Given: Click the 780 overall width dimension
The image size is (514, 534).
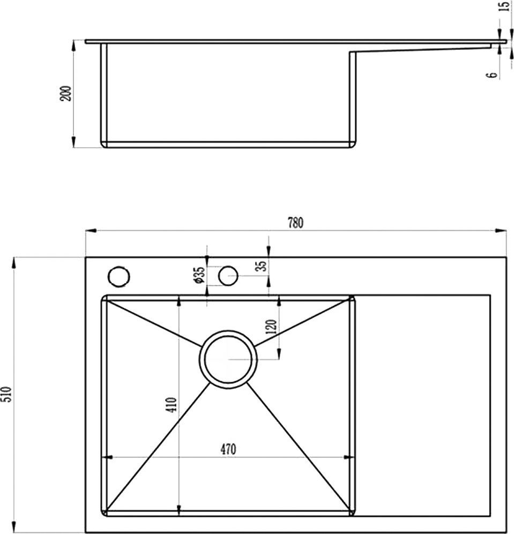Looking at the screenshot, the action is click(x=295, y=222).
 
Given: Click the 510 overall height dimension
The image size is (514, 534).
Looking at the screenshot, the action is click(x=7, y=394).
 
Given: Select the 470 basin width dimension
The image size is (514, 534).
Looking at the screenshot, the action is click(x=228, y=449).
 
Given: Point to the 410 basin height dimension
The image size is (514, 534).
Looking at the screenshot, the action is click(x=171, y=405).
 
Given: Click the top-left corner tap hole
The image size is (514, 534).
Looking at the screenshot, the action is click(x=119, y=276).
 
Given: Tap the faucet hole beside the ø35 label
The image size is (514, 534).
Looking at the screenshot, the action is click(x=228, y=276).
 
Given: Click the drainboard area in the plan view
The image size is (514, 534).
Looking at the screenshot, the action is click(x=422, y=405).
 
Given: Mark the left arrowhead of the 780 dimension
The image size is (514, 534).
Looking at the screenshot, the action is click(x=90, y=231).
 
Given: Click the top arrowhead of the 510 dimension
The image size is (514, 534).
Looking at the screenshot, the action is click(x=13, y=263).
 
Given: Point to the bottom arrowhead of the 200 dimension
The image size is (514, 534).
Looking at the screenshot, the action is click(x=74, y=142).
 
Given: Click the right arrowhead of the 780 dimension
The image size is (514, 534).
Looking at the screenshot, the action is click(x=502, y=231).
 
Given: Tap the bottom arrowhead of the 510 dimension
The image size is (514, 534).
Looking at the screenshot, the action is click(x=13, y=526).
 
